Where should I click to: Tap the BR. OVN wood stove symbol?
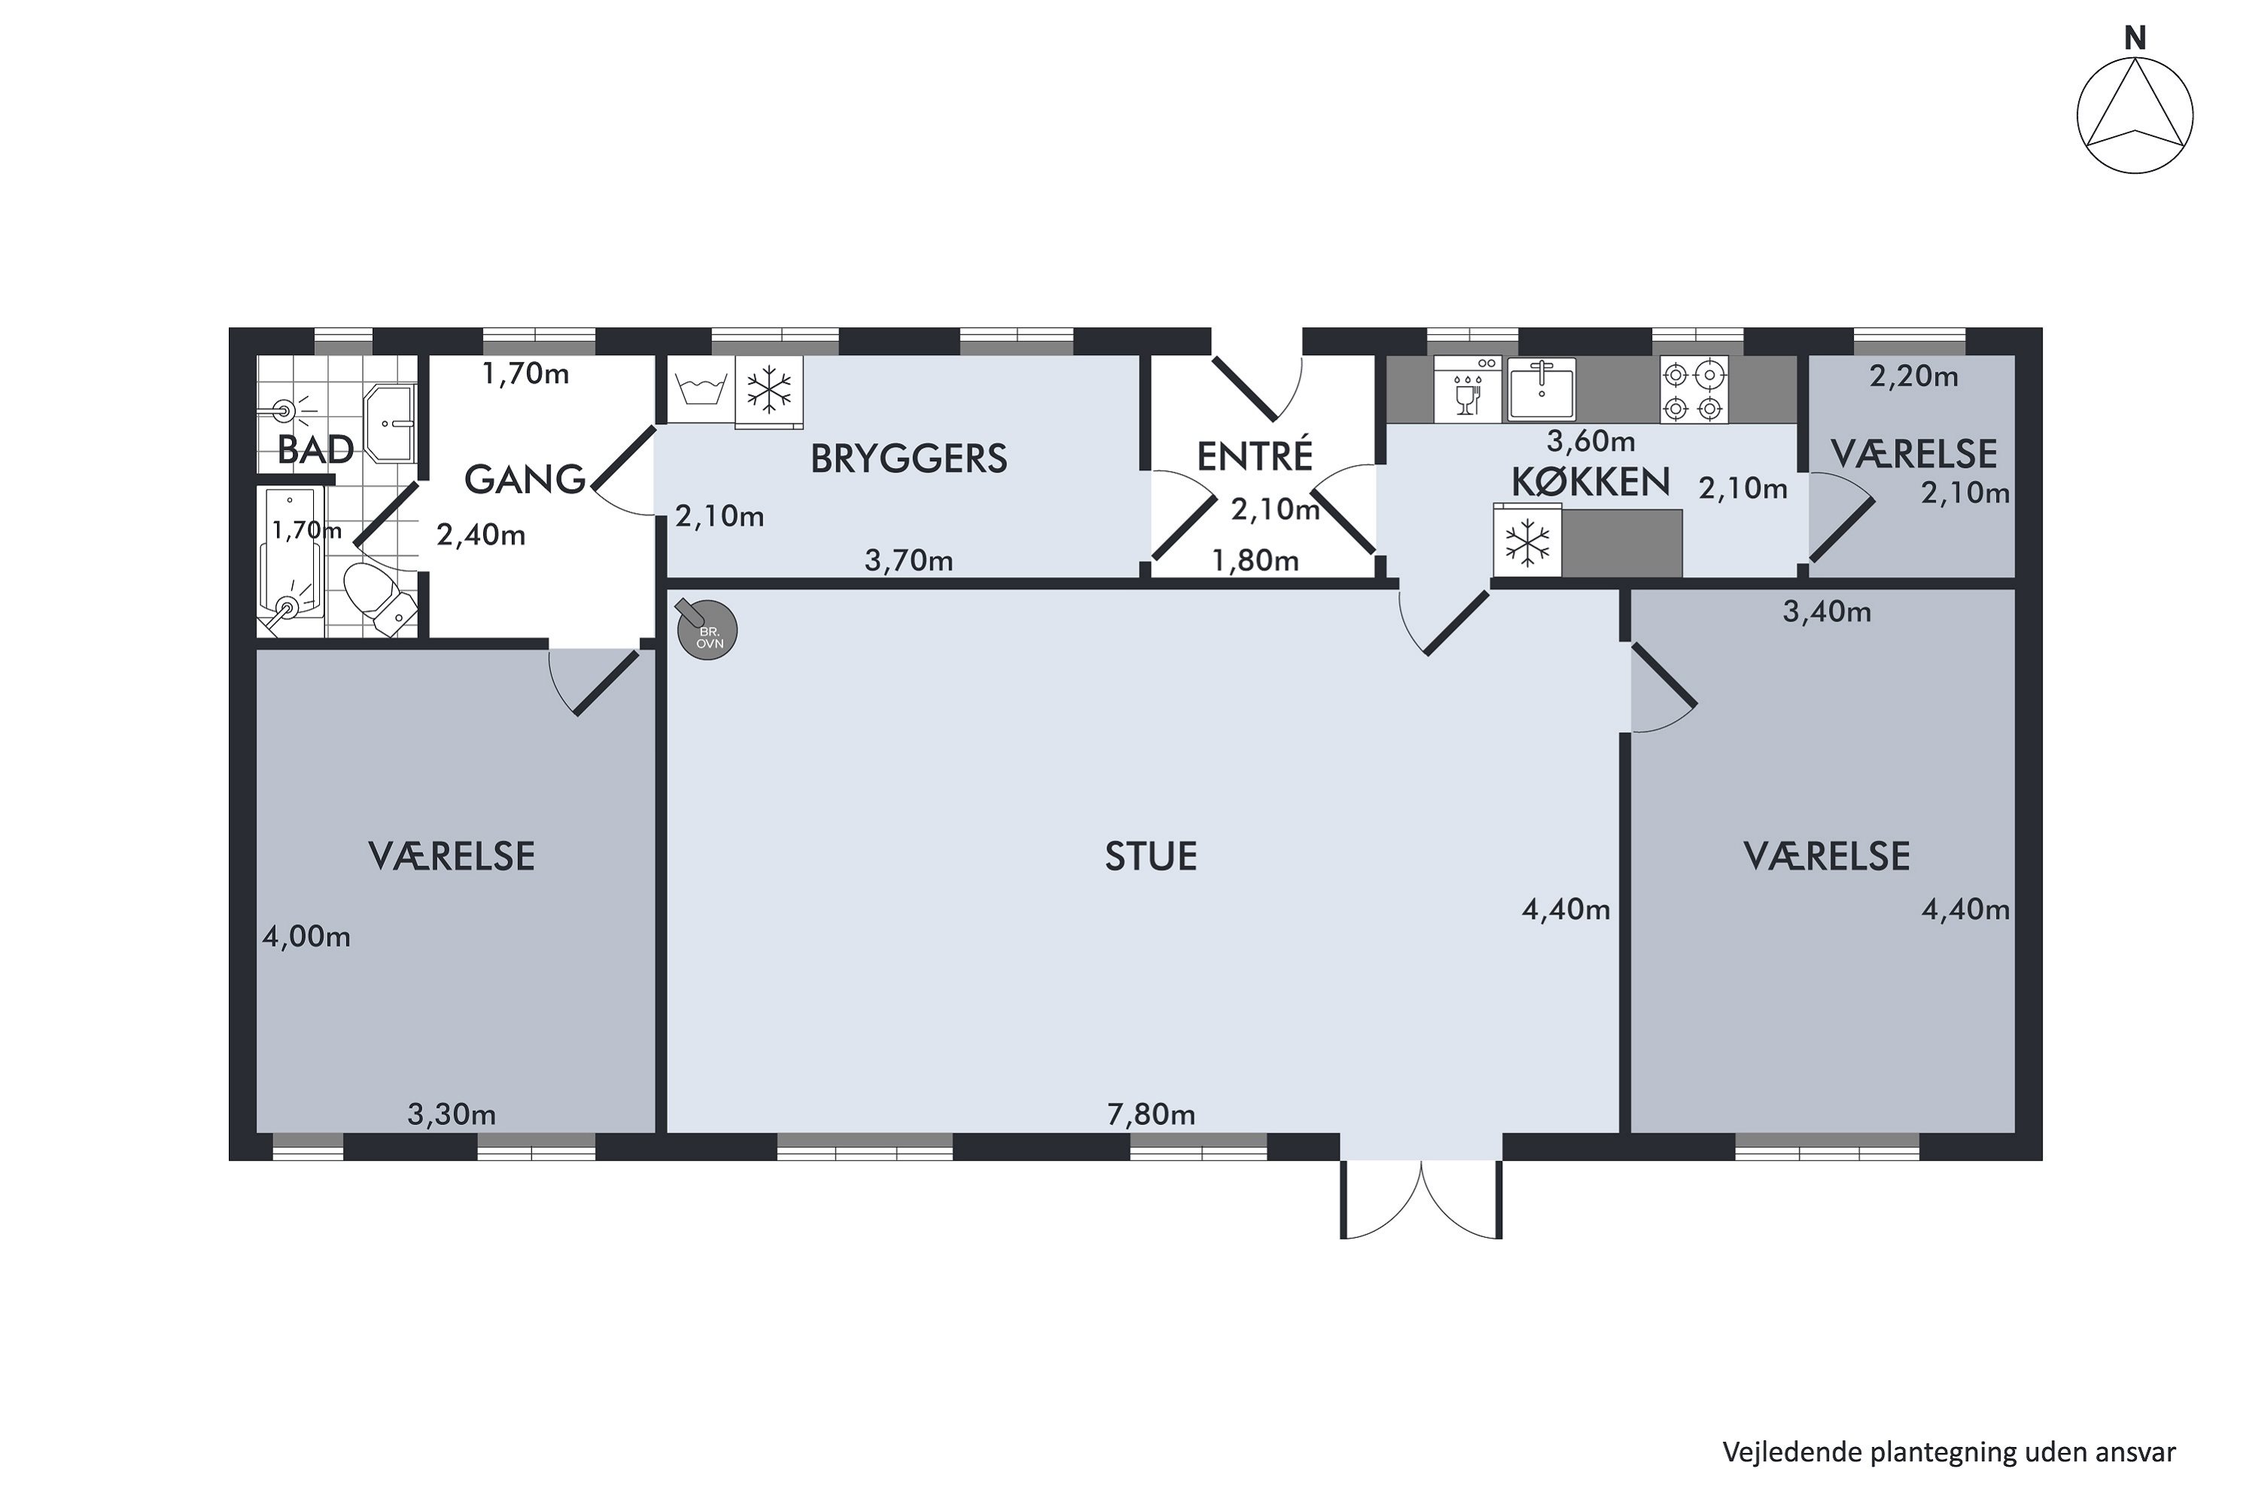pyautogui.click(x=707, y=630)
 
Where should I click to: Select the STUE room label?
pyautogui.click(x=1151, y=856)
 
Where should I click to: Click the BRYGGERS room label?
pyautogui.click(x=908, y=459)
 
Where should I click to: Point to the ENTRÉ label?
pyautogui.click(x=1254, y=455)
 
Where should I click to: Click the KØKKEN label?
pyautogui.click(x=1591, y=481)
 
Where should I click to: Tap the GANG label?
pyautogui.click(x=525, y=479)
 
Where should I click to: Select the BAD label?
pyautogui.click(x=316, y=449)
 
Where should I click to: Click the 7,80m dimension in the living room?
pyautogui.click(x=1151, y=1114)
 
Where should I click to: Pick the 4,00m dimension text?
pyautogui.click(x=306, y=936)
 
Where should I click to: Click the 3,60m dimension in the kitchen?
pyautogui.click(x=1591, y=440)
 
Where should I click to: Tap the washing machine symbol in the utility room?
pyautogui.click(x=701, y=390)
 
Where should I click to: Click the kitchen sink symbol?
pyautogui.click(x=1541, y=390)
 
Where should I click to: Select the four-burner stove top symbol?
pyautogui.click(x=1693, y=390)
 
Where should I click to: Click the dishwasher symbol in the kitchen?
pyautogui.click(x=1467, y=390)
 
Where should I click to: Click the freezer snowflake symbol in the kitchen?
pyautogui.click(x=1526, y=543)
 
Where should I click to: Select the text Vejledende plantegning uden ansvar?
pyautogui.click(x=1949, y=1452)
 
